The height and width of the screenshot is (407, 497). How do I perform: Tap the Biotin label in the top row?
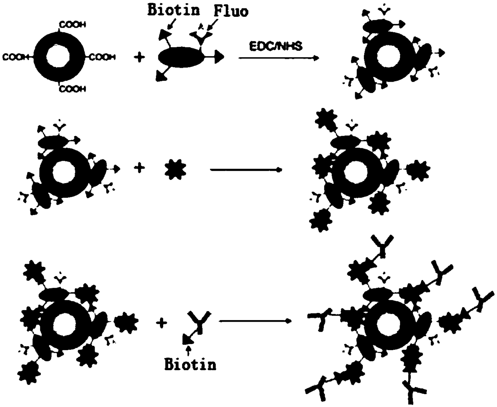click(174, 10)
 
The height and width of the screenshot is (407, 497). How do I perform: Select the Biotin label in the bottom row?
click(190, 364)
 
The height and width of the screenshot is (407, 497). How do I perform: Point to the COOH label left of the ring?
click(16, 57)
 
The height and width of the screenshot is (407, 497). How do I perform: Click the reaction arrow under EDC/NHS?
click(279, 58)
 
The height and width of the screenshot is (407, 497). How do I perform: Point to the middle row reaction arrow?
click(246, 169)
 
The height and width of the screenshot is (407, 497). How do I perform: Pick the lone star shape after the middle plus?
click(176, 169)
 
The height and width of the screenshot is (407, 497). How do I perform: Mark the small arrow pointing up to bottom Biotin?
click(188, 351)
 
